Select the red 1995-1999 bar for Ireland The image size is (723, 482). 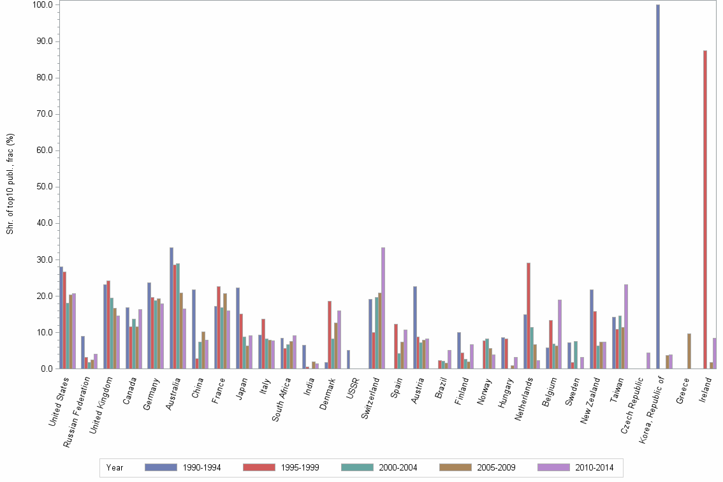click(x=705, y=210)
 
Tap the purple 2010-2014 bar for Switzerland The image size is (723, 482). click(x=383, y=308)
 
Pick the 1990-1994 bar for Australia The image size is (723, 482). click(x=172, y=308)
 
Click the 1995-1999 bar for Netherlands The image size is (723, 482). click(x=529, y=316)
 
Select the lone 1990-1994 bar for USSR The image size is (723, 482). click(x=348, y=360)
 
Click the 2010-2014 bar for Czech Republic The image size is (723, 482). click(x=648, y=361)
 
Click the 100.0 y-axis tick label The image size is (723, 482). click(x=41, y=4)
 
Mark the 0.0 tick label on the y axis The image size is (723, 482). click(x=44, y=369)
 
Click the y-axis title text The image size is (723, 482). click(x=10, y=184)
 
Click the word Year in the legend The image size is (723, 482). click(x=115, y=467)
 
